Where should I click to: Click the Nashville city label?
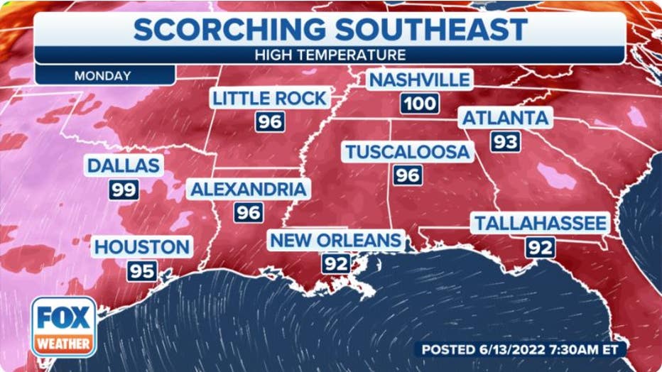pyautogui.click(x=419, y=80)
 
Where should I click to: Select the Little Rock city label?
pyautogui.click(x=269, y=98)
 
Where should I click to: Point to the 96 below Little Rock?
pyautogui.click(x=270, y=121)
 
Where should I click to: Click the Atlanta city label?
pyautogui.click(x=506, y=118)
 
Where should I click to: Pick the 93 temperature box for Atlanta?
pyautogui.click(x=505, y=141)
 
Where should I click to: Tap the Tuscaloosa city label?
pyautogui.click(x=407, y=151)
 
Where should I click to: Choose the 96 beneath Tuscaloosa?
pyautogui.click(x=408, y=175)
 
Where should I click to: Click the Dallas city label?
pyautogui.click(x=124, y=166)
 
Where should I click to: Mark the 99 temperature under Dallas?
pyautogui.click(x=123, y=190)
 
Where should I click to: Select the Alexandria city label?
pyautogui.click(x=248, y=189)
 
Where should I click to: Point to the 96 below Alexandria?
pyautogui.click(x=249, y=212)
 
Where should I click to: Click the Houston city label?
pyautogui.click(x=142, y=247)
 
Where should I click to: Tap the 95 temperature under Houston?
pyautogui.click(x=142, y=270)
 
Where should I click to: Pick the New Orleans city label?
pyautogui.click(x=335, y=240)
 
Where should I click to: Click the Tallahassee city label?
pyautogui.click(x=541, y=224)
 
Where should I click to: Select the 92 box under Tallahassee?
pyautogui.click(x=540, y=248)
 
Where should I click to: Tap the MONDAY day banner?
pyautogui.click(x=102, y=75)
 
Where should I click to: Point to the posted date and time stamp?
pyautogui.click(x=520, y=349)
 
